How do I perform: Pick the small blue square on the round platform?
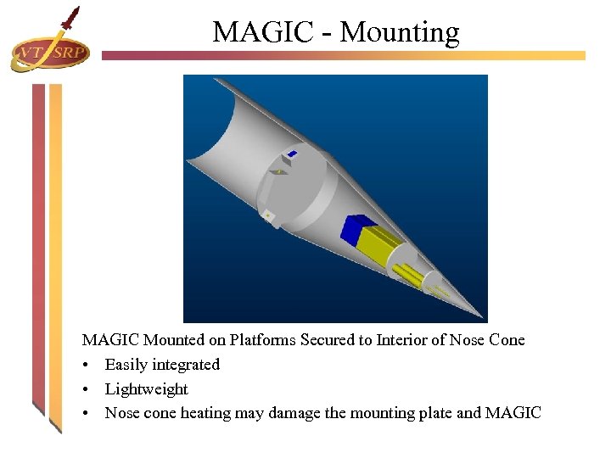[x=292, y=154]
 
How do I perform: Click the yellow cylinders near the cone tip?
[x=411, y=272]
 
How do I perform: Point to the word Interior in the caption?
[x=401, y=340]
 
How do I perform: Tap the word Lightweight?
[x=147, y=389]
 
